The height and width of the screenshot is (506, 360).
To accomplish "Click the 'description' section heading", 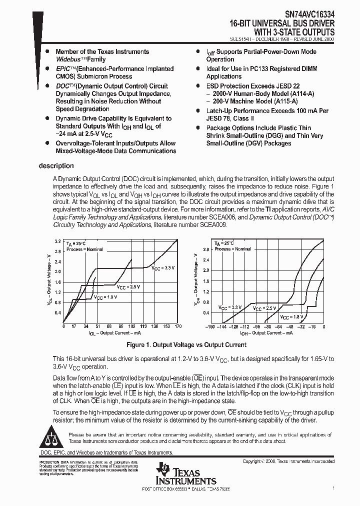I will [56, 166].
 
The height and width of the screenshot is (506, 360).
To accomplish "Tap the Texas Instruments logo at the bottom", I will [185, 472].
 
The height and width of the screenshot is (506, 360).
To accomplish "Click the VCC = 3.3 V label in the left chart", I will [163, 268].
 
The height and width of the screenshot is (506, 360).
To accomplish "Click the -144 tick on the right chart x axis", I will [222, 326].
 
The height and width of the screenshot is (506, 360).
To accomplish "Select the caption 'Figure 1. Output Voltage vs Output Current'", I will [179, 345].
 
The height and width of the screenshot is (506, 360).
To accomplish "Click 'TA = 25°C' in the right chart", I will [225, 242].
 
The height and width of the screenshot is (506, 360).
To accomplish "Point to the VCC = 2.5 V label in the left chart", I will [128, 287].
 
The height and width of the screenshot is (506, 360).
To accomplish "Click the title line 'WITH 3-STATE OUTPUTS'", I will [297, 31].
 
